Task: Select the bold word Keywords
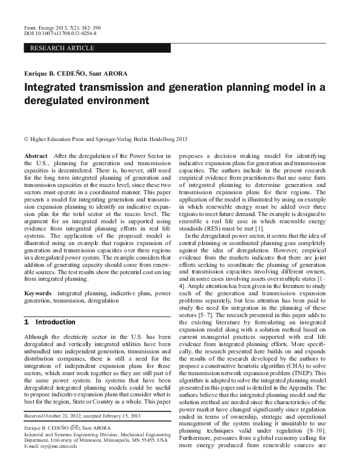pyautogui.click(x=38, y=292)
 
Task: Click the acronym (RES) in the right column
pyautogui.click(x=217, y=228)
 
